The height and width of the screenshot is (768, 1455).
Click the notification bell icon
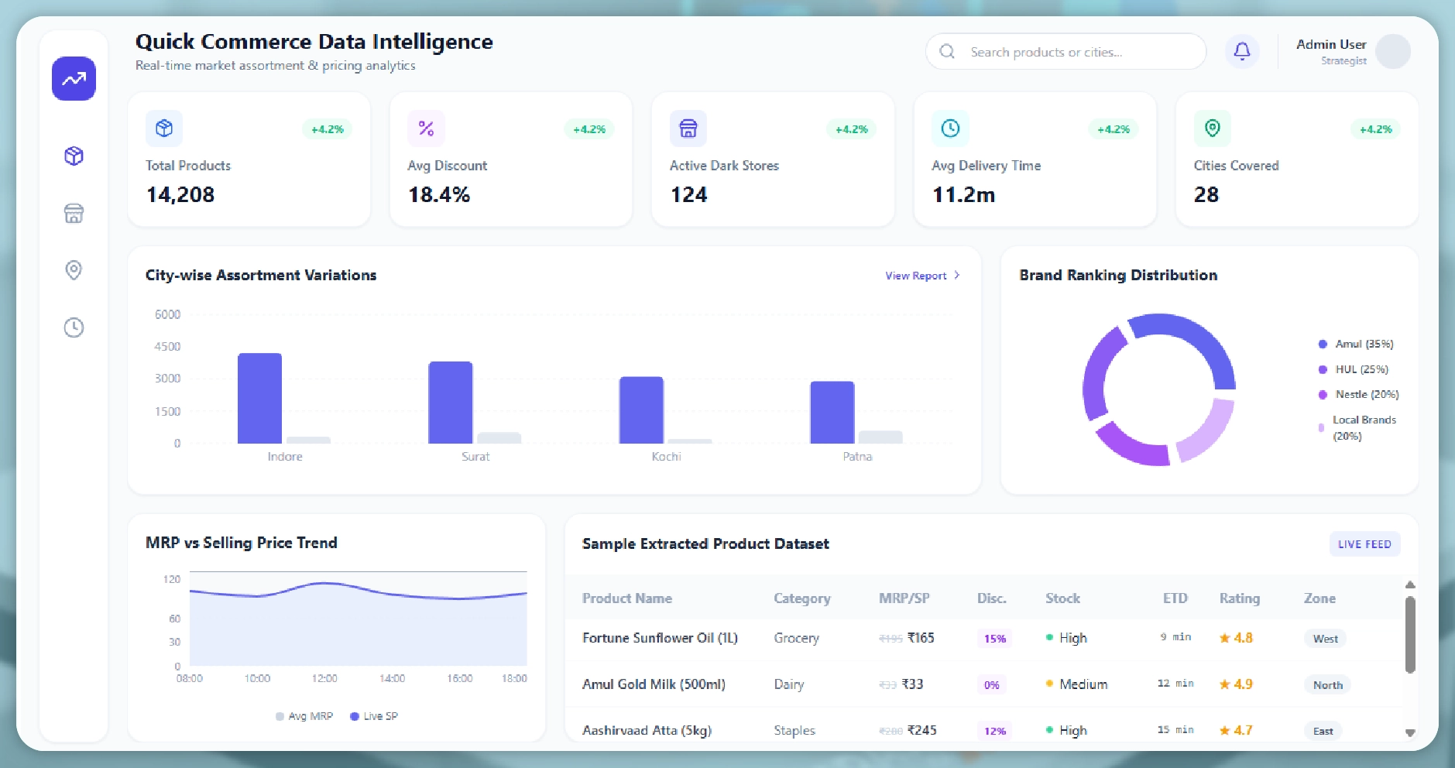(x=1241, y=52)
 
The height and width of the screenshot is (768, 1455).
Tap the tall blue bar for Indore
(x=259, y=398)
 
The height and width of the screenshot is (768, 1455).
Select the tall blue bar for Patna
(x=832, y=412)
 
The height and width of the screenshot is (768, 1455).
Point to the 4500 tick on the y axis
(x=167, y=346)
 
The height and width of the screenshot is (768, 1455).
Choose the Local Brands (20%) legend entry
(x=1363, y=427)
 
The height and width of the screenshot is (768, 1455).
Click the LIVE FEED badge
(x=1364, y=544)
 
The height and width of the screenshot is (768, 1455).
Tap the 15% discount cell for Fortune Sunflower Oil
(x=994, y=639)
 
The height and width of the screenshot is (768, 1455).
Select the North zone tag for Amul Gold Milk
(x=1327, y=685)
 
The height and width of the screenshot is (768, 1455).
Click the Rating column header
(x=1239, y=598)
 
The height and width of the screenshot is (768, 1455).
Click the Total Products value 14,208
(x=180, y=194)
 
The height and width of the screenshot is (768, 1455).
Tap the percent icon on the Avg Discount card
(x=426, y=129)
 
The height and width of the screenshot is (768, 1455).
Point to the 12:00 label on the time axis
(x=324, y=679)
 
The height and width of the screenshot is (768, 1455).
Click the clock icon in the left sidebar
(x=74, y=327)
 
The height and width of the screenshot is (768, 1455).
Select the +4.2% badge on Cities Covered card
(x=1375, y=129)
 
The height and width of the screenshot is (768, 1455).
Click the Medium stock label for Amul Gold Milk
(x=1083, y=684)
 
